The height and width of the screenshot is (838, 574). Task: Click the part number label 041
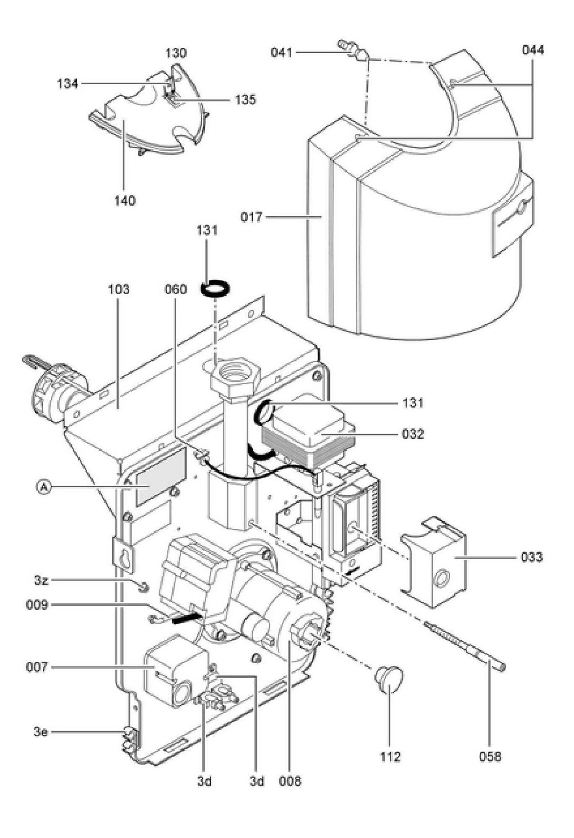281,53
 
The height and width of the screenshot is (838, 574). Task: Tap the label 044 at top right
532,50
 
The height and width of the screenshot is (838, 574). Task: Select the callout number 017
252,217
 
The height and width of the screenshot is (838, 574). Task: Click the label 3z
41,580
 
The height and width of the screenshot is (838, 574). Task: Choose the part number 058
490,756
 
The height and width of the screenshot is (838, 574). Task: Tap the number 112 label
390,756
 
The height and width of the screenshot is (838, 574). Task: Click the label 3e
41,732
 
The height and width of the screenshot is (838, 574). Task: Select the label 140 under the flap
125,201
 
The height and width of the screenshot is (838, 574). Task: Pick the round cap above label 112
389,679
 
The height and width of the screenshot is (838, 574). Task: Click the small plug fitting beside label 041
353,49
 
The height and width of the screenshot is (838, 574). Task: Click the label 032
413,434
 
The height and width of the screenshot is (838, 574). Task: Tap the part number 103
119,289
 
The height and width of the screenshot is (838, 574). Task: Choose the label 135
245,100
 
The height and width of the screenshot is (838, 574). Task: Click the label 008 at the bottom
290,781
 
